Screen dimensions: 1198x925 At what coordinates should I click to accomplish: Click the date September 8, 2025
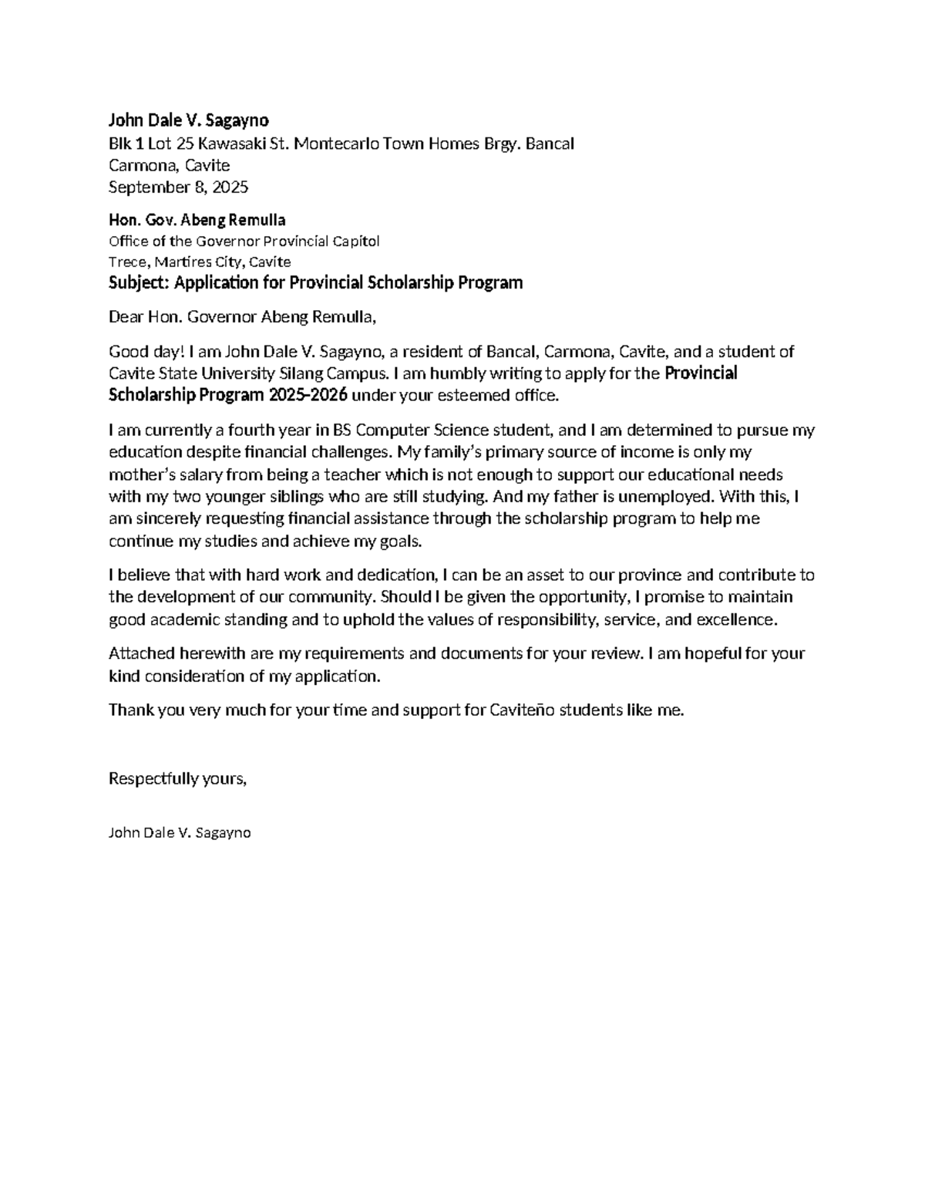[178, 187]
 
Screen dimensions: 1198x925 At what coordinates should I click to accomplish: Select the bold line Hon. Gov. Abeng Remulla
[197, 221]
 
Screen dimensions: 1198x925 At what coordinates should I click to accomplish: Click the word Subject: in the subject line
[140, 282]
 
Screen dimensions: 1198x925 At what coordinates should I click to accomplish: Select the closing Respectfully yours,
[177, 778]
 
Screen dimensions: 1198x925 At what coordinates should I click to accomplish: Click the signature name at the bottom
[180, 833]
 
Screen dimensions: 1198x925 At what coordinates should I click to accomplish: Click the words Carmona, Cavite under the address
[169, 165]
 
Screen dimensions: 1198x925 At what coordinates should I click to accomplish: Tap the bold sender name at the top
[189, 120]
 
